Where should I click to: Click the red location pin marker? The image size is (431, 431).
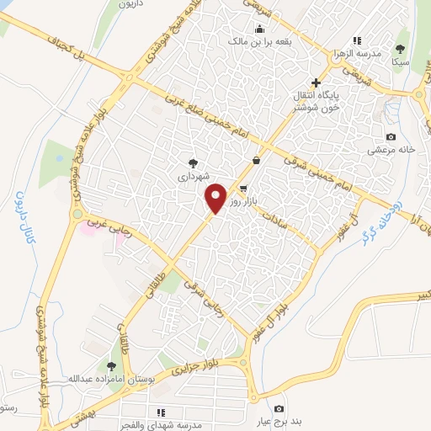coord(216,198)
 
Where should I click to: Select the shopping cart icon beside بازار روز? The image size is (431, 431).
coord(243,189)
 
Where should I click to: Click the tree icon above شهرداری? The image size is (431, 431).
coord(194,164)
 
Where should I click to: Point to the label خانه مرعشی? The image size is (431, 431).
coord(391,150)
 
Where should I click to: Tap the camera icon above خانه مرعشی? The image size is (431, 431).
coord(391,136)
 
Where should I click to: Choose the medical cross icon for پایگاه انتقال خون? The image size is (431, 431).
coord(316,82)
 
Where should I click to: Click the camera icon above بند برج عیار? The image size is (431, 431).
coord(279,408)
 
